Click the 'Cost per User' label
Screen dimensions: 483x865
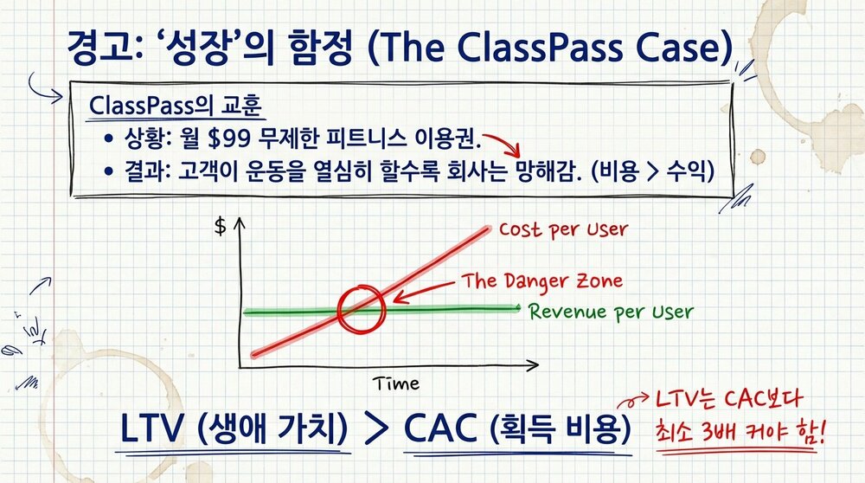(x=563, y=231)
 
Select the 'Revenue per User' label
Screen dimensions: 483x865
(x=611, y=311)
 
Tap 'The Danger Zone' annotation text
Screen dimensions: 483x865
(x=541, y=281)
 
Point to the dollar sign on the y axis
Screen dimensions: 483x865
(x=220, y=227)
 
